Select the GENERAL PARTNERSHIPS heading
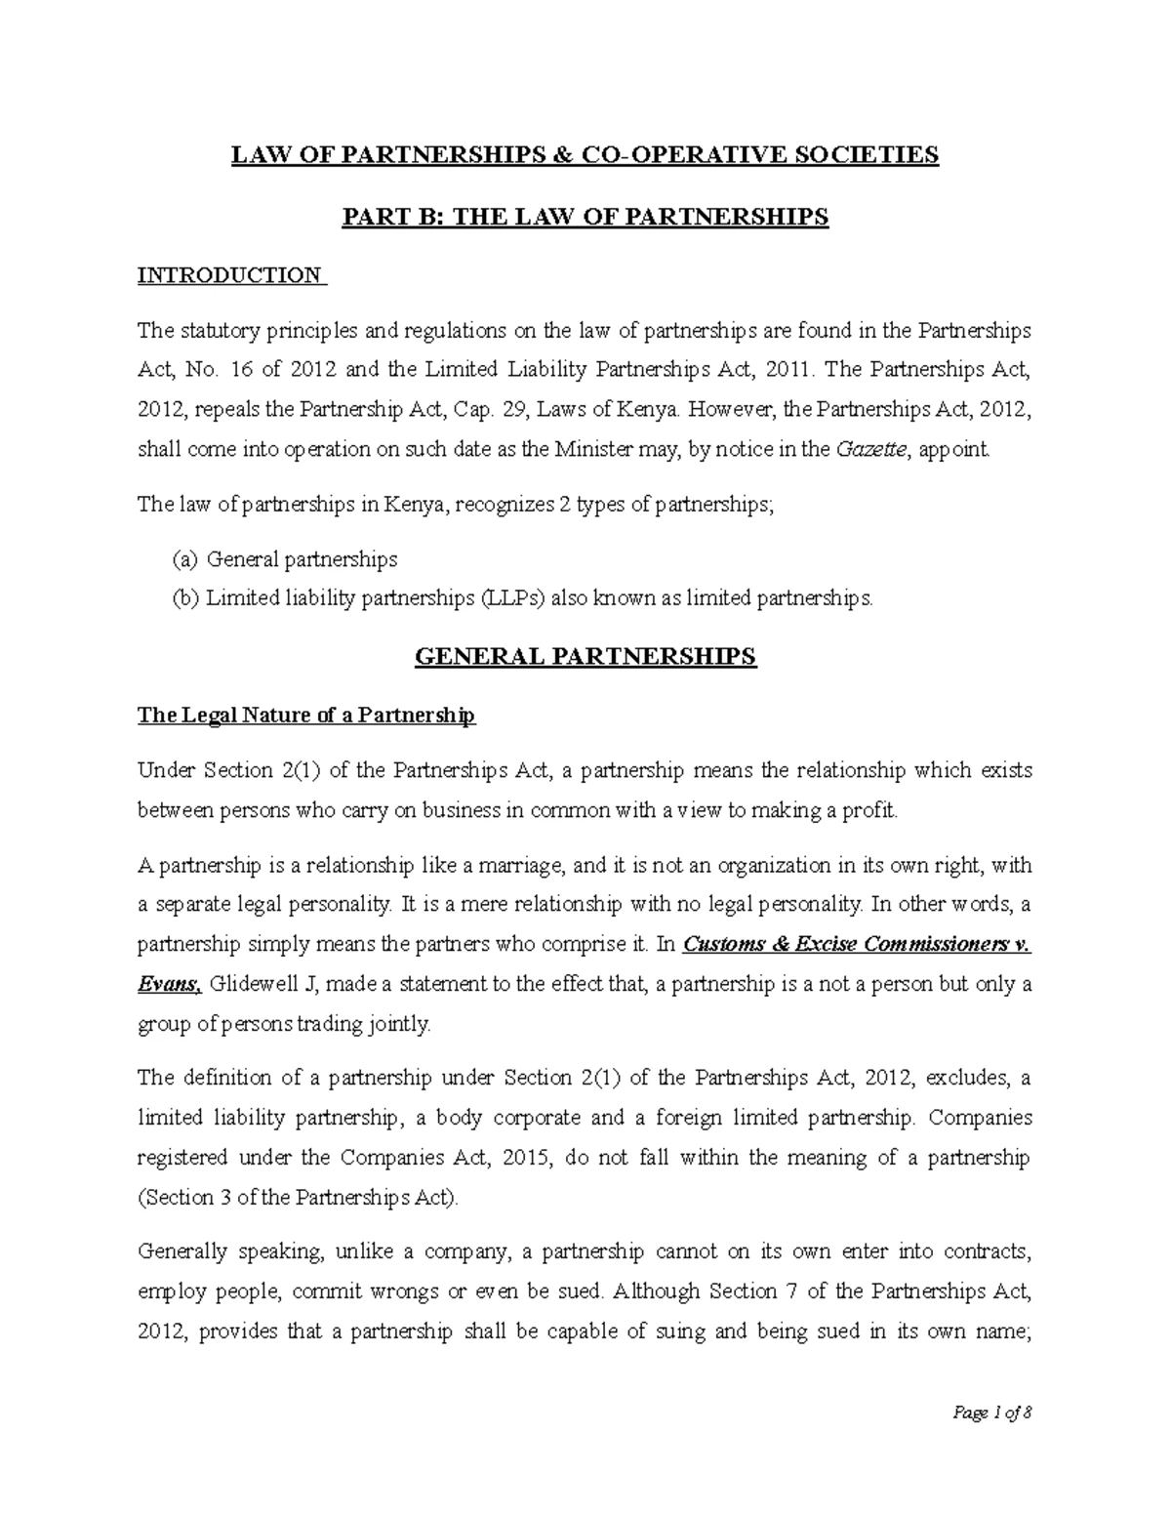(585, 656)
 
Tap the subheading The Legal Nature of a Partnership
(305, 716)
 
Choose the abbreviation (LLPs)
(513, 599)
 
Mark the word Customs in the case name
(720, 944)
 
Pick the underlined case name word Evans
(168, 984)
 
